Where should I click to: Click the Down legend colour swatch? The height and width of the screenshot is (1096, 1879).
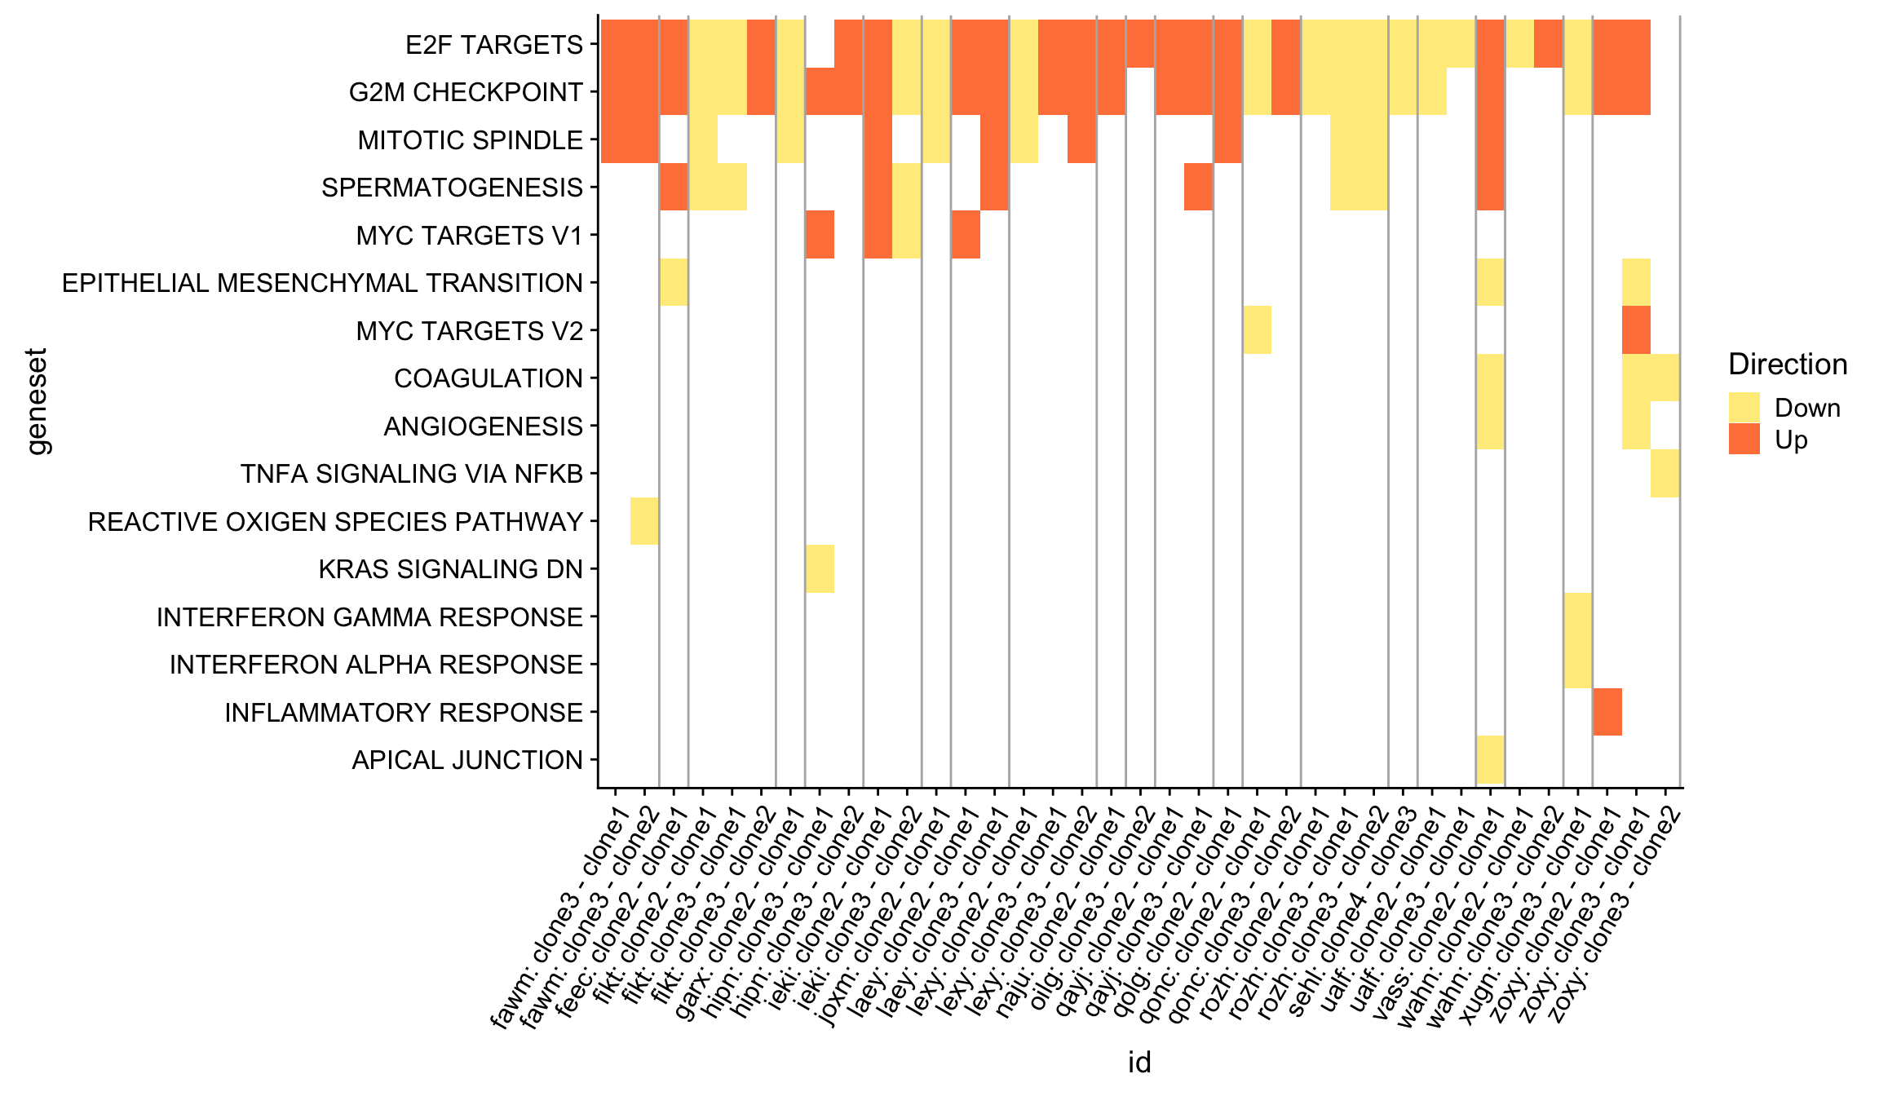tap(1744, 408)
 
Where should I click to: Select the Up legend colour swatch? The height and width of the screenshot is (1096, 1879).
tap(1744, 440)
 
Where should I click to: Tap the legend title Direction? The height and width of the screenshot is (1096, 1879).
tap(1788, 365)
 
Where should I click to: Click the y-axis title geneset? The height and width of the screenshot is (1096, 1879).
tap(38, 401)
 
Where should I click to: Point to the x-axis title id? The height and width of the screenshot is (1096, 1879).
tap(1139, 1063)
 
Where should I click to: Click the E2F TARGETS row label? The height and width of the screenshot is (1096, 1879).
tap(494, 45)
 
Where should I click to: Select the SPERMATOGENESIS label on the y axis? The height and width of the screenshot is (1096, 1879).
tap(452, 188)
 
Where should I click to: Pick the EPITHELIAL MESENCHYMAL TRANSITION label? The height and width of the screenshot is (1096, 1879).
tap(322, 283)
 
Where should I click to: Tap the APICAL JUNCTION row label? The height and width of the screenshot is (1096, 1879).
tap(467, 760)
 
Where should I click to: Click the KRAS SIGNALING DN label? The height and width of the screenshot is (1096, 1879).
tap(450, 569)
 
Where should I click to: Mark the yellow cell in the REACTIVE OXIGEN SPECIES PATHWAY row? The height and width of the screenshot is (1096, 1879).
tap(644, 521)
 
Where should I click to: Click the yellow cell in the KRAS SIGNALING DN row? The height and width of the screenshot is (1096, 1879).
tap(820, 569)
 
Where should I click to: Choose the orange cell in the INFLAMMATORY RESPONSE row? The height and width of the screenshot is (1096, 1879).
tap(1607, 712)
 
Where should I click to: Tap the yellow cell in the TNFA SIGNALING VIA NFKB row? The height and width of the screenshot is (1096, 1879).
tap(1665, 473)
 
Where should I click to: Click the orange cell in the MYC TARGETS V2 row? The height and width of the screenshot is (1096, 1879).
tap(1636, 330)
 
